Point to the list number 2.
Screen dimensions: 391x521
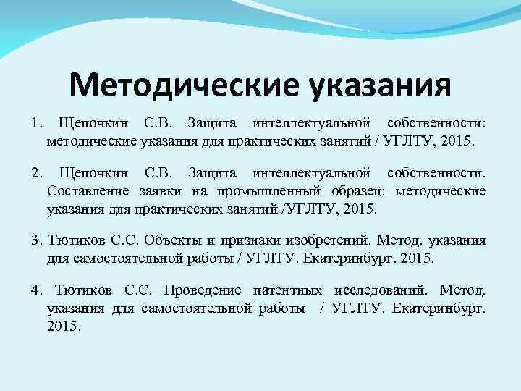click(x=36, y=173)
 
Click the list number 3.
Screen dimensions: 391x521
click(x=36, y=241)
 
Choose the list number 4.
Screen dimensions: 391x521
click(x=36, y=290)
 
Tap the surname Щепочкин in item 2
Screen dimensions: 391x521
click(x=93, y=173)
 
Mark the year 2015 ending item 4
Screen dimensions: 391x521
click(x=64, y=326)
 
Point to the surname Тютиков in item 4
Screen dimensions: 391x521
click(x=83, y=290)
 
